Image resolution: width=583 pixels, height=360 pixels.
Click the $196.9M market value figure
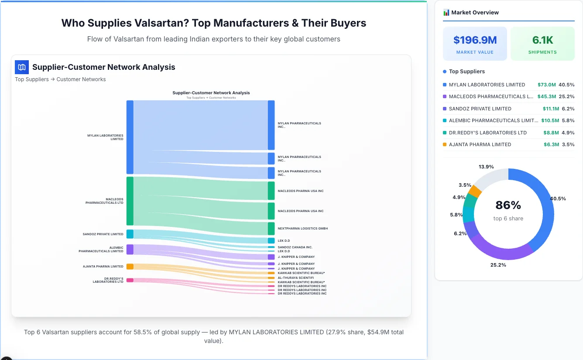point(475,40)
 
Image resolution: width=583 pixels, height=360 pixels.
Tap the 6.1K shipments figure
point(542,40)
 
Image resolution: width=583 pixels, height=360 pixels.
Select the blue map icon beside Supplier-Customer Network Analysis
point(22,67)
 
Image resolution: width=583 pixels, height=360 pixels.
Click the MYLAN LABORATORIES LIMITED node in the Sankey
point(130,137)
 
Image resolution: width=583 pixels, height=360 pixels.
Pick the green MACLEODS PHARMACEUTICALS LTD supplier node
point(130,201)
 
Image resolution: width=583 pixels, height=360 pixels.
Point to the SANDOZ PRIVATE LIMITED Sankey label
point(103,234)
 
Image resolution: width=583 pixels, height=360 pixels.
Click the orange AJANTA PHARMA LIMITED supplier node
point(130,267)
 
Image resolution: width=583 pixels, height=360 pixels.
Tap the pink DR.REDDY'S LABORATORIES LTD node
point(130,280)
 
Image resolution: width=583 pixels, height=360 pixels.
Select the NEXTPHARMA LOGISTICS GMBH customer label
point(302,228)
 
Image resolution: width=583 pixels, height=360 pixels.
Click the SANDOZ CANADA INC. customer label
point(295,247)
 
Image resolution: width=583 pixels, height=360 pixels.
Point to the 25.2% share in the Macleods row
point(566,96)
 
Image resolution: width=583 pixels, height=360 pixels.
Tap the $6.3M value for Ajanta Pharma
point(551,144)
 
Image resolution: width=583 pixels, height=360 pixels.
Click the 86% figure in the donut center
point(508,205)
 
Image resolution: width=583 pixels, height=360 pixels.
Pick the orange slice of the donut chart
point(475,191)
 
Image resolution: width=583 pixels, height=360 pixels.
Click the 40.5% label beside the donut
point(558,199)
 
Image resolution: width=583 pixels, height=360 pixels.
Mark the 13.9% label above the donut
point(486,167)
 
